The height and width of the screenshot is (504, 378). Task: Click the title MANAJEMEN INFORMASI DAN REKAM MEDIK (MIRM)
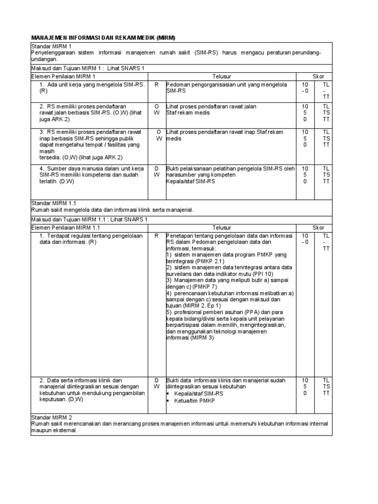[103, 38]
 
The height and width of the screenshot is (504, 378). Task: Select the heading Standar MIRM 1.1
[54, 203]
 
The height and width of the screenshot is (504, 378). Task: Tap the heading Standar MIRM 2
[51, 417]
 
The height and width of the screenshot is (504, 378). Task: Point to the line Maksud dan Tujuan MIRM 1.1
[89, 220]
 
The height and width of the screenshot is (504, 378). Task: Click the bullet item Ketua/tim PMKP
[194, 401]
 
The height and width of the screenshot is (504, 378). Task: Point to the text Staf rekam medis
[188, 113]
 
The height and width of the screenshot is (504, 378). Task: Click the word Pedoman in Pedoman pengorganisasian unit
[179, 85]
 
